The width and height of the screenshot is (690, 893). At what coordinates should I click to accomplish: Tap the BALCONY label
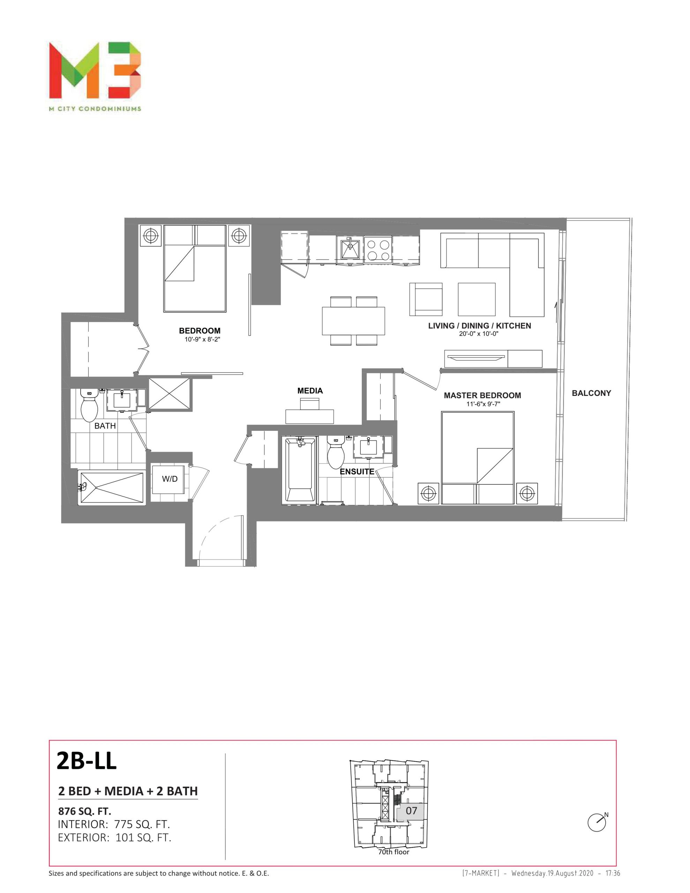591,393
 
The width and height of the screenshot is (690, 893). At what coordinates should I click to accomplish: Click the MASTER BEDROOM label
482,395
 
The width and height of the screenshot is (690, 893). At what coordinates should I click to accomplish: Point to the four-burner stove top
377,250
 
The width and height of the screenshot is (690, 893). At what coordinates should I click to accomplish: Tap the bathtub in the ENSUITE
299,470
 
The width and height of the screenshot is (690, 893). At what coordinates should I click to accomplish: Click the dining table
353,321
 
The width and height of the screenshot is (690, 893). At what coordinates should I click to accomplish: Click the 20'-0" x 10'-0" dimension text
479,333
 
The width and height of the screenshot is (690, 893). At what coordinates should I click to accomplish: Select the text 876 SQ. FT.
85,811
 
